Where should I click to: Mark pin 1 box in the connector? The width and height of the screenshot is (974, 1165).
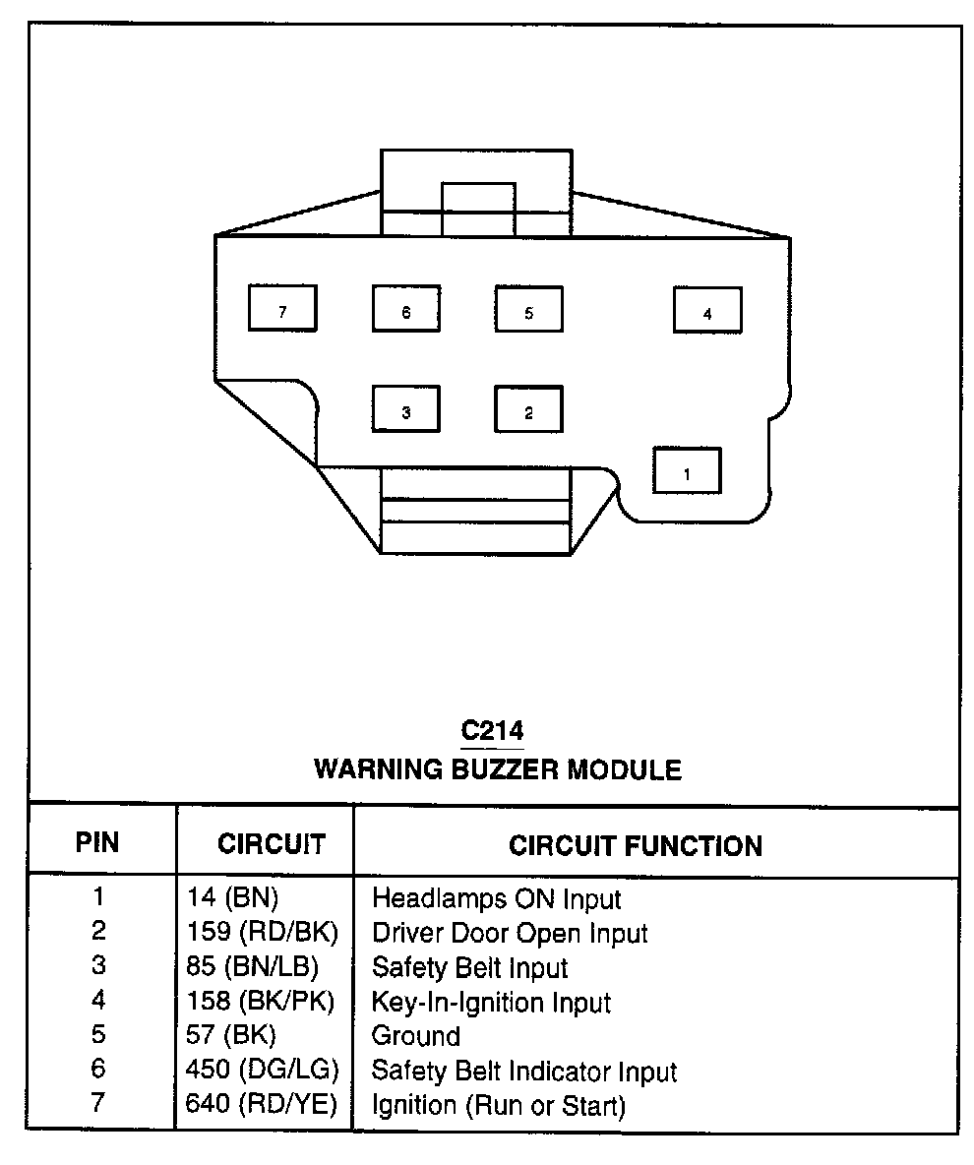[687, 470]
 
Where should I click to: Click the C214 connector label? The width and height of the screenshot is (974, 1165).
[492, 731]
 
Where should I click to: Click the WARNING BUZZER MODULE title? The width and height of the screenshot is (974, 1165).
[497, 768]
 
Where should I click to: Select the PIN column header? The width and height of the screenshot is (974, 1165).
[97, 844]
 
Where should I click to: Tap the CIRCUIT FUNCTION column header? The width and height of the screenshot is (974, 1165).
[635, 845]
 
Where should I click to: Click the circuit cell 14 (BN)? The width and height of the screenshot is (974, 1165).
[233, 897]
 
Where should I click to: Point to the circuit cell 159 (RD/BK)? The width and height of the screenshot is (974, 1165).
[262, 933]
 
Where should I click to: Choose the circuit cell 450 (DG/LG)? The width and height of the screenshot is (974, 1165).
[262, 1071]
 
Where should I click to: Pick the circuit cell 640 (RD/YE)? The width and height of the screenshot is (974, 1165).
[261, 1105]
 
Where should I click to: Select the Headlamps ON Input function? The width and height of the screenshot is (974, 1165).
[496, 898]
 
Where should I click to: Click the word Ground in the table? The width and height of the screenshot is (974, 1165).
[415, 1036]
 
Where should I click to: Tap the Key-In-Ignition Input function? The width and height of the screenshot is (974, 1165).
[491, 1003]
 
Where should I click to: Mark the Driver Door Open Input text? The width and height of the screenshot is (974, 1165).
[510, 933]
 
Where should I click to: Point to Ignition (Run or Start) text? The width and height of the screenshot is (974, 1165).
[498, 1106]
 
